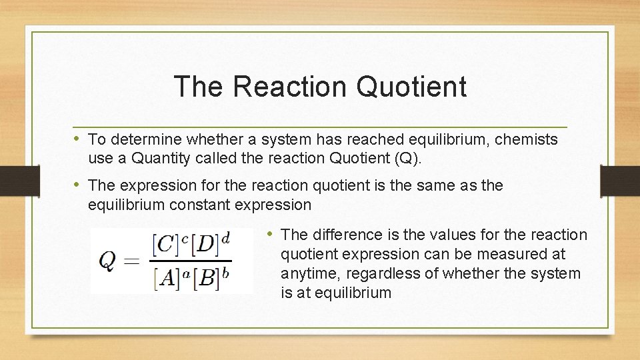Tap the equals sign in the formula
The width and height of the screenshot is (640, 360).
click(x=133, y=261)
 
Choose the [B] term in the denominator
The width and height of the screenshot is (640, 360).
click(x=207, y=278)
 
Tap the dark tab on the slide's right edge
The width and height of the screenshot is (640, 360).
click(x=620, y=180)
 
